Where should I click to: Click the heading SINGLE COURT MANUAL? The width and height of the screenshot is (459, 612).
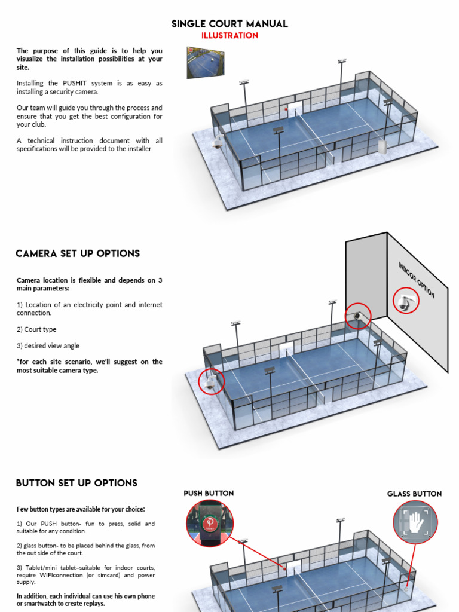click(x=229, y=24)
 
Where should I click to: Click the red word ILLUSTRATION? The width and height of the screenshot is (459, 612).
click(x=229, y=36)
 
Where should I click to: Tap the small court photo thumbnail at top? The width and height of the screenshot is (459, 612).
click(x=205, y=63)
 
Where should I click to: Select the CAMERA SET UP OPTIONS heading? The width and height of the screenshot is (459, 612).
click(x=78, y=253)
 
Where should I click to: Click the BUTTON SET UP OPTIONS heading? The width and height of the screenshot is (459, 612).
click(x=76, y=483)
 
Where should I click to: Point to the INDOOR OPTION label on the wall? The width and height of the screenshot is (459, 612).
click(x=417, y=280)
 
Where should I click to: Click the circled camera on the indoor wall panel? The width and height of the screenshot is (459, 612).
click(x=406, y=301)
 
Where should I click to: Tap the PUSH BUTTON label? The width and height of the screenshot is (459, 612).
click(x=209, y=493)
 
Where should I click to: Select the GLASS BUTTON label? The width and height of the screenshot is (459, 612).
click(x=414, y=494)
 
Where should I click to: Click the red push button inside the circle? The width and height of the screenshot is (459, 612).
click(x=210, y=524)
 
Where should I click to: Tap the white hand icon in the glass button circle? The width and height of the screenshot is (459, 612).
click(x=415, y=522)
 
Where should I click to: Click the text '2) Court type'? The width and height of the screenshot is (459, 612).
click(x=36, y=329)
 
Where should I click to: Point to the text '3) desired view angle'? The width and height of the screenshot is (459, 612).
click(x=48, y=345)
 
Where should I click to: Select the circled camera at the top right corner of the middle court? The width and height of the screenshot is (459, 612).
click(x=357, y=316)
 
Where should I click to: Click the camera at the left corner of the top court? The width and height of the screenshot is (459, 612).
click(x=218, y=142)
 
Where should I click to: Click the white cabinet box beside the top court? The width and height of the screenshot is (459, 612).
click(x=381, y=147)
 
